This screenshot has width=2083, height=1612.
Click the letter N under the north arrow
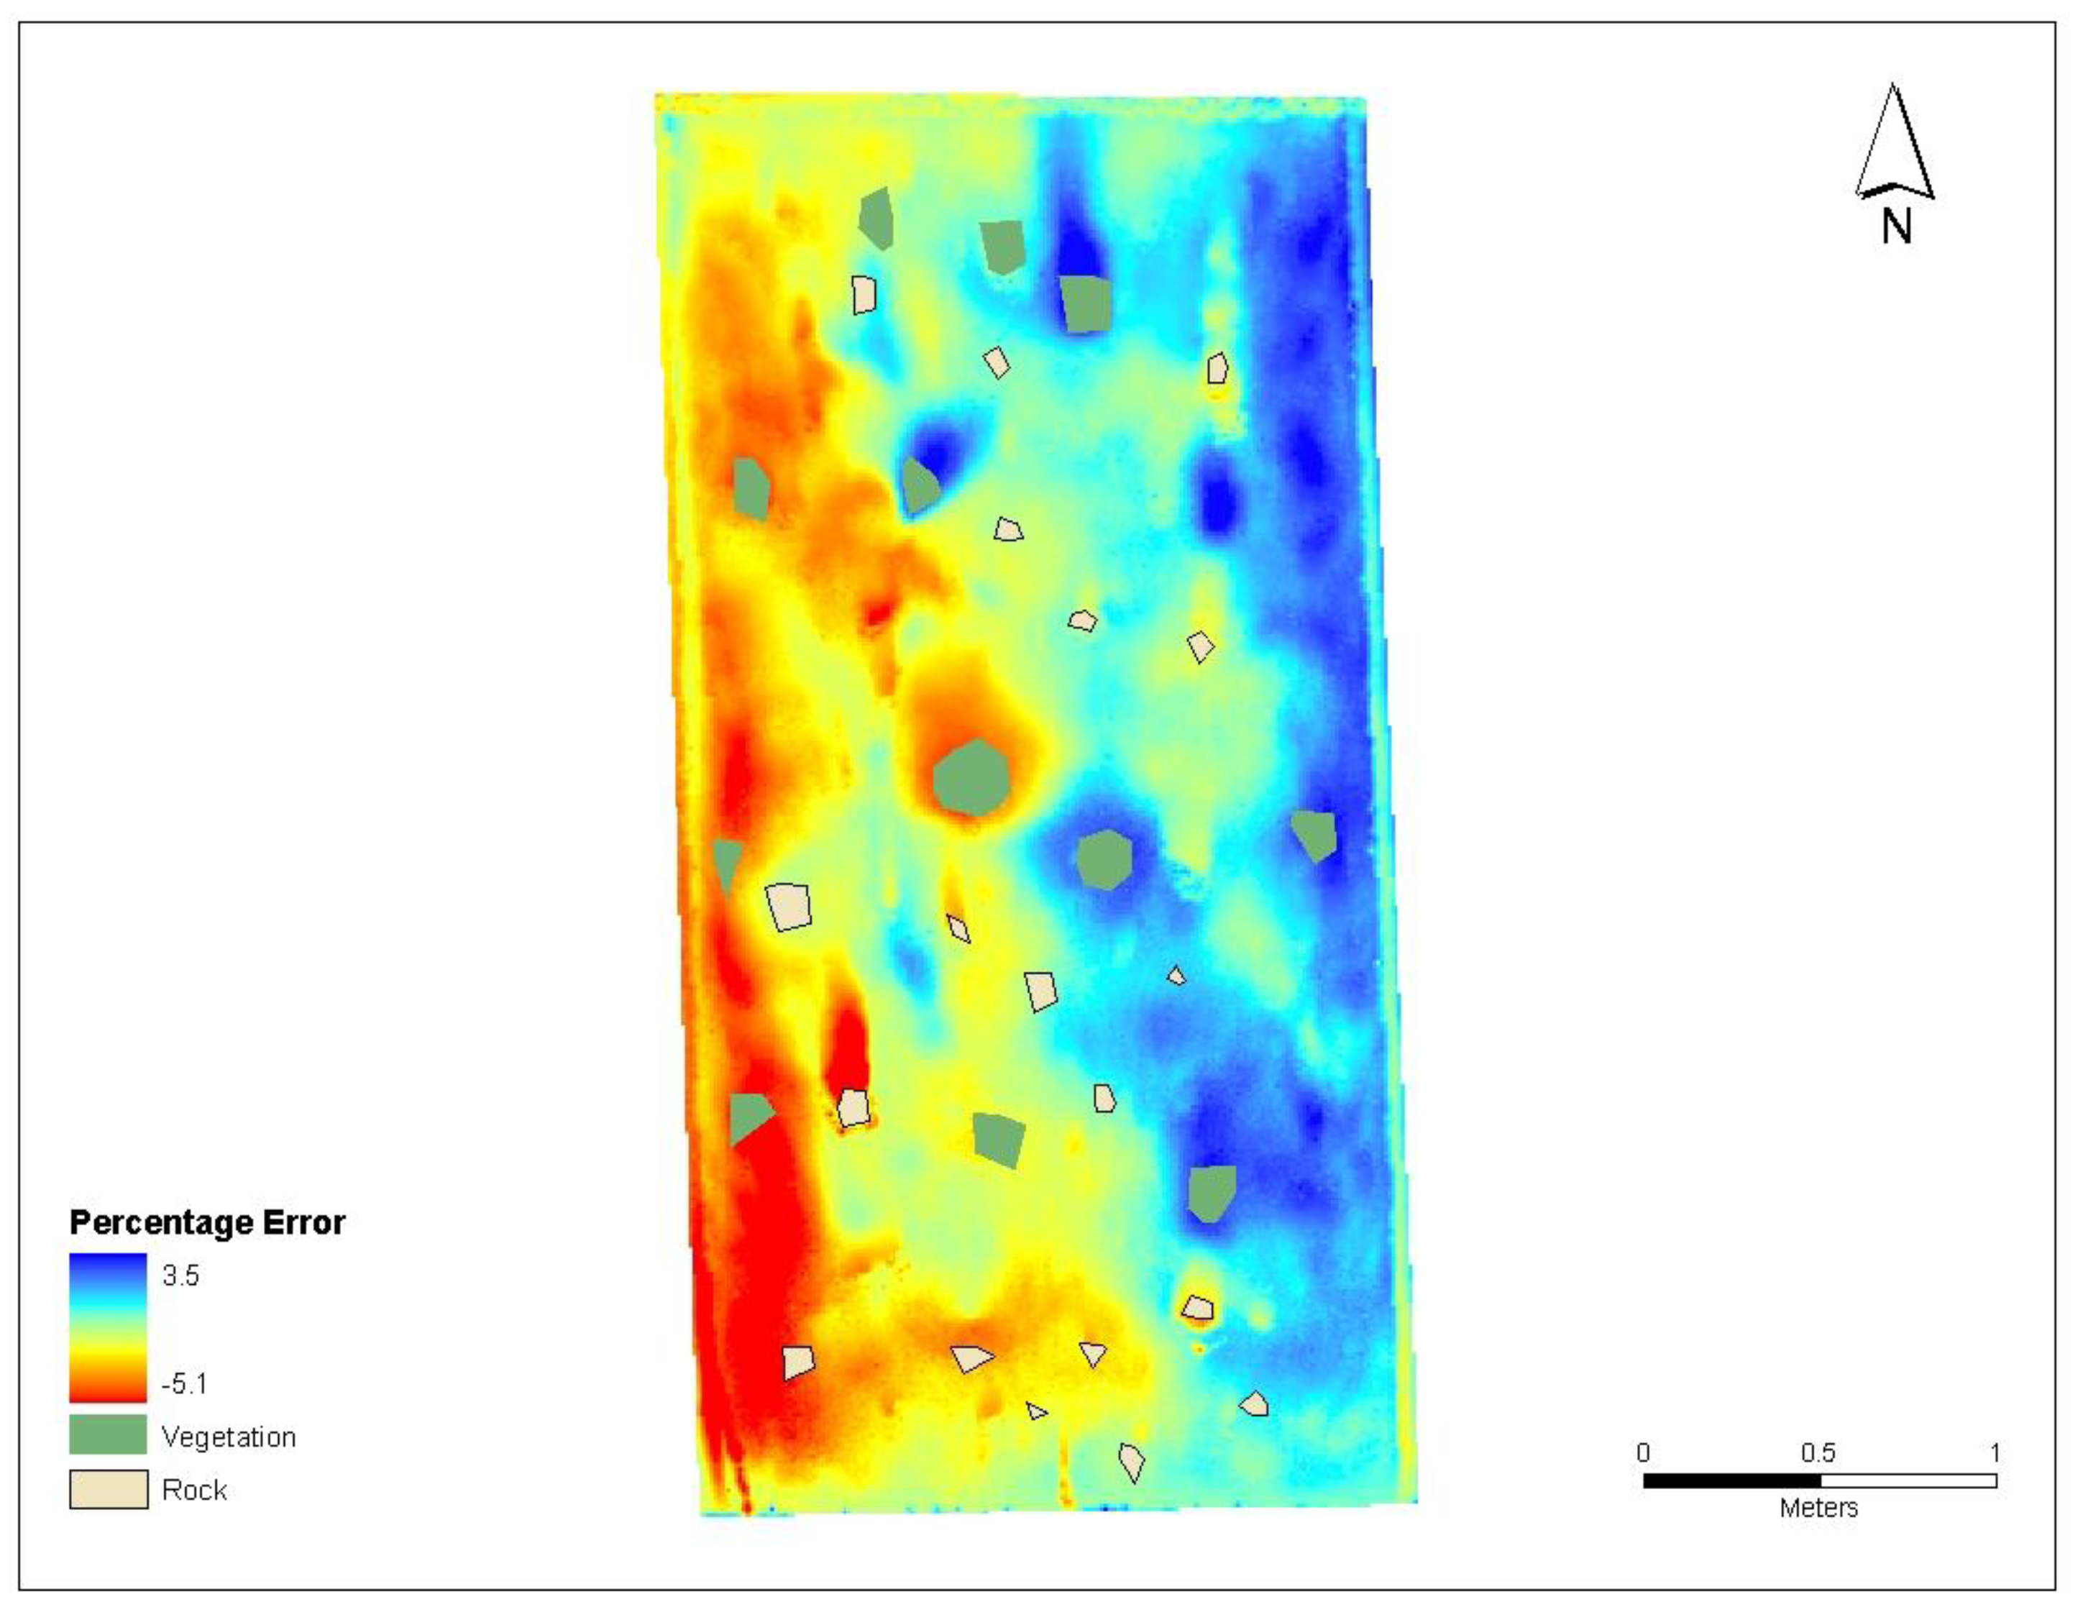click(x=1896, y=227)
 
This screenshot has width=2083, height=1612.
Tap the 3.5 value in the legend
click(x=180, y=1276)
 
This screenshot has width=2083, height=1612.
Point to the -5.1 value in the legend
click(x=184, y=1383)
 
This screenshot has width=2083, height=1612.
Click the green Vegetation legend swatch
click(x=108, y=1434)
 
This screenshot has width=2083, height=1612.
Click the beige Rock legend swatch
click(x=108, y=1489)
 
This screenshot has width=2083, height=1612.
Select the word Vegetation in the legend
click(x=229, y=1437)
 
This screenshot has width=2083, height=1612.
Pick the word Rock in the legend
click(x=195, y=1490)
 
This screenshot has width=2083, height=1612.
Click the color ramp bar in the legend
click(x=108, y=1328)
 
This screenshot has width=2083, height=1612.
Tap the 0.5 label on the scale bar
click(x=1818, y=1452)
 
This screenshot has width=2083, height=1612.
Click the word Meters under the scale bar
click(x=1818, y=1507)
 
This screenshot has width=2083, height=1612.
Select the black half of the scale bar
click(x=1732, y=1480)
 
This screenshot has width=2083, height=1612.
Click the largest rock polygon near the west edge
click(x=789, y=906)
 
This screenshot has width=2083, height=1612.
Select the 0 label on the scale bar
click(x=1643, y=1452)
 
